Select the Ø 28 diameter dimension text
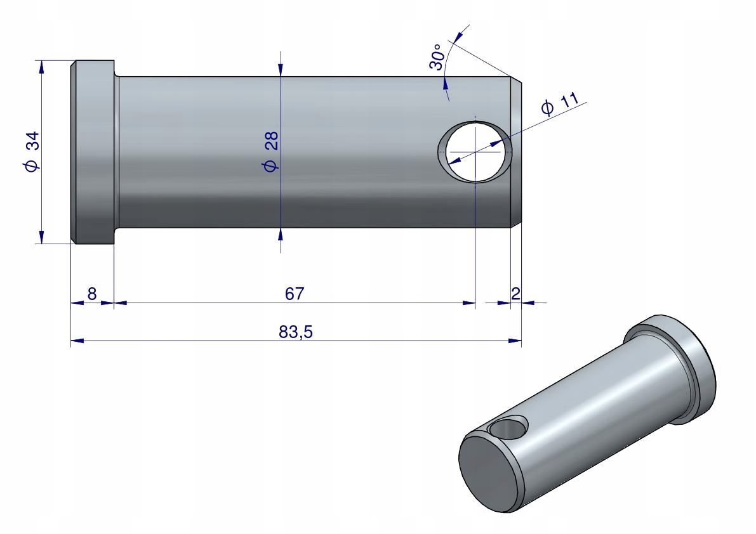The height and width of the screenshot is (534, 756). pyautogui.click(x=271, y=152)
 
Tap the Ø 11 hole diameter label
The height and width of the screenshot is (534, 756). pyautogui.click(x=560, y=103)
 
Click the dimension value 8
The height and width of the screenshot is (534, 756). pyautogui.click(x=91, y=294)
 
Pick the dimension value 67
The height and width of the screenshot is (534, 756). pyautogui.click(x=295, y=294)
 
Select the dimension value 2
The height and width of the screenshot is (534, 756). pyautogui.click(x=515, y=293)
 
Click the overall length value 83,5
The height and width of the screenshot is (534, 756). pyautogui.click(x=295, y=332)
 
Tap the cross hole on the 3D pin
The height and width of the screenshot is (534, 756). pyautogui.click(x=510, y=428)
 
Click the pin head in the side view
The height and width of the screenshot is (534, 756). pyautogui.click(x=93, y=152)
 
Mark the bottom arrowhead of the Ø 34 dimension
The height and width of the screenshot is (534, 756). pyautogui.click(x=42, y=237)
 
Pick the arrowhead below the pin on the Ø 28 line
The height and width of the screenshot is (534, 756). pyautogui.click(x=281, y=235)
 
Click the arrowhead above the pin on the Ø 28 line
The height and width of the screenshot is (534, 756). pyautogui.click(x=281, y=70)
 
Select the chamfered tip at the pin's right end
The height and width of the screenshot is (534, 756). pyautogui.click(x=516, y=152)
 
